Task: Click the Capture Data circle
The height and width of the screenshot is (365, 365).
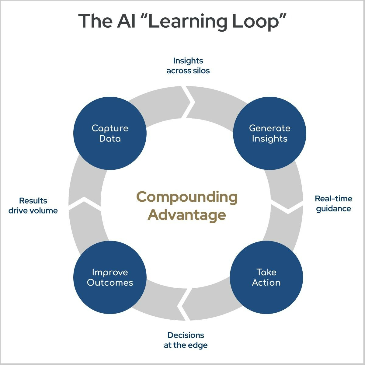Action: click(110, 133)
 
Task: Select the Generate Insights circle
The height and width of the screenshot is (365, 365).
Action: click(269, 133)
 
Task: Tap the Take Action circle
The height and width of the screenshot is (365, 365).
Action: click(266, 277)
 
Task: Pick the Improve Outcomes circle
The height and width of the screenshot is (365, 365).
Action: click(110, 277)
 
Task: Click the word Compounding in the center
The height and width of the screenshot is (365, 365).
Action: click(186, 197)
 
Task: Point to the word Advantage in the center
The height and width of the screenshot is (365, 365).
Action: click(186, 215)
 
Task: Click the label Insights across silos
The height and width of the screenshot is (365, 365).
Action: click(188, 66)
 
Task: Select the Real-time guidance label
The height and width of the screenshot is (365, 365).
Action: click(333, 203)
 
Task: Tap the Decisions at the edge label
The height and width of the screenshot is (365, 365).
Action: click(186, 340)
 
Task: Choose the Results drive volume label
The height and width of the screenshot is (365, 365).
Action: click(33, 206)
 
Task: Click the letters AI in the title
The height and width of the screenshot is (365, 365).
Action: click(126, 21)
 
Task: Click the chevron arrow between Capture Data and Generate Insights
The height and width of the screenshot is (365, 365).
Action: click(189, 102)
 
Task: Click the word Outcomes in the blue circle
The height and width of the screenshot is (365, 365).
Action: click(110, 283)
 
